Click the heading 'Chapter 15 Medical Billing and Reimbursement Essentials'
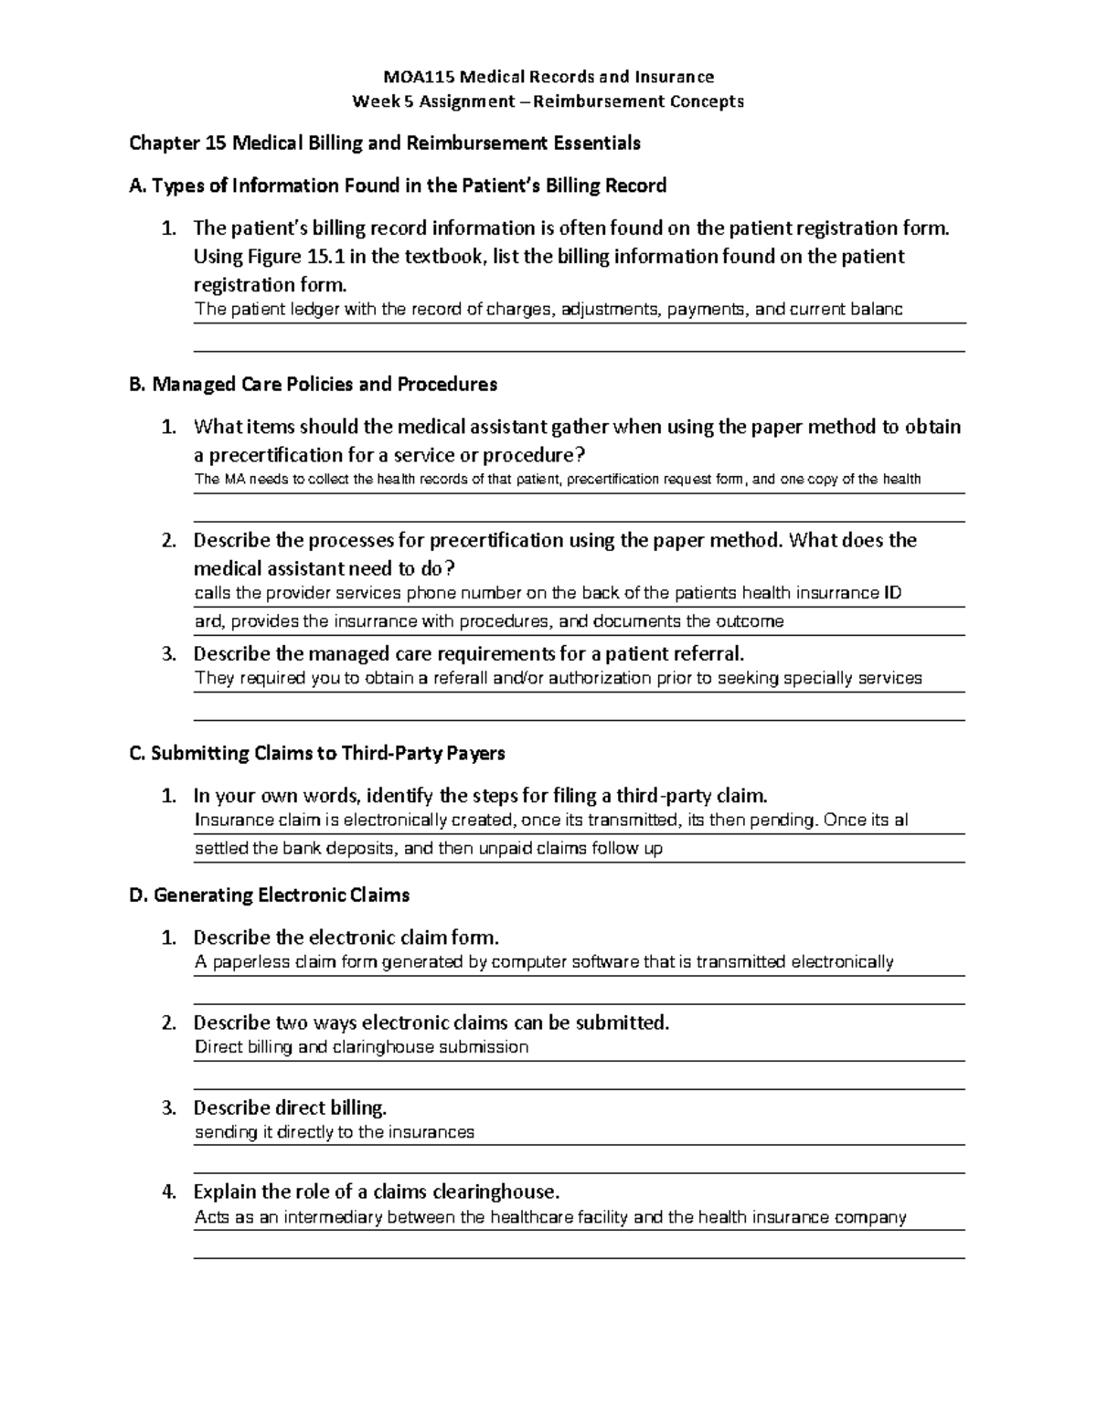click(x=385, y=143)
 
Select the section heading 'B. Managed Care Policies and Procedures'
click(x=314, y=385)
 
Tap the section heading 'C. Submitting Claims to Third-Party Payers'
click(x=317, y=754)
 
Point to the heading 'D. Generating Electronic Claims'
click(x=270, y=895)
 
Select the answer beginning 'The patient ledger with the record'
click(x=548, y=310)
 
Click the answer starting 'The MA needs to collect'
click(x=558, y=480)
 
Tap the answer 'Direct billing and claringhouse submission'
click(x=362, y=1047)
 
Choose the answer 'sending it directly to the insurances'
click(x=335, y=1133)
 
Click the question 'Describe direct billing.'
click(x=290, y=1108)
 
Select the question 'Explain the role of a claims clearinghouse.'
click(x=376, y=1192)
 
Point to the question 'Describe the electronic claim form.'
click(x=346, y=937)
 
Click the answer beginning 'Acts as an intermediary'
click(x=550, y=1218)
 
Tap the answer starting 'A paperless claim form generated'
click(x=544, y=962)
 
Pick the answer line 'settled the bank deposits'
click(x=429, y=849)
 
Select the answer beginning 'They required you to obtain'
click(x=559, y=679)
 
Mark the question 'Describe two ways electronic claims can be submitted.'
click(x=431, y=1023)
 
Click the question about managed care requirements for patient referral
click(x=469, y=654)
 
